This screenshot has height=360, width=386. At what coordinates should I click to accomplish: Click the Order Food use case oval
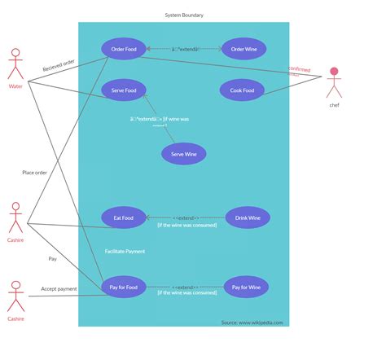124,49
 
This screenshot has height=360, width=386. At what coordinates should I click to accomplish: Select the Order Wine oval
243,49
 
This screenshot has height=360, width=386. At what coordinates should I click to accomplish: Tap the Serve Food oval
124,90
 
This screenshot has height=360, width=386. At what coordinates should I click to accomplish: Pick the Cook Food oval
242,90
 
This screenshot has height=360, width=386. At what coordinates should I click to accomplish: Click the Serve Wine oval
183,153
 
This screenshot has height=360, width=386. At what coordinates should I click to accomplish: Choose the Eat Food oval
124,217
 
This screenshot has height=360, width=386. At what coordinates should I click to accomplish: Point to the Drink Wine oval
248,217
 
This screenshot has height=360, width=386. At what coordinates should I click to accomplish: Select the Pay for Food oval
124,287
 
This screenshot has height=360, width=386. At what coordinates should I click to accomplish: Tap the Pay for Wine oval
246,287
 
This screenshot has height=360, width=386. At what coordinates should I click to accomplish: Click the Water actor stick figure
15,64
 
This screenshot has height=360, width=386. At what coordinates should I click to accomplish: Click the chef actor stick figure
334,82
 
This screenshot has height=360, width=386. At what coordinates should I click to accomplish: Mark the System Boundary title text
184,15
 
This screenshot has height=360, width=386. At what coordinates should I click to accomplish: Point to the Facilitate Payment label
125,251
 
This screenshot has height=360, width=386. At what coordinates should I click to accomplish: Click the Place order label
34,172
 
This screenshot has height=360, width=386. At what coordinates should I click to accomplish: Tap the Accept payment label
59,288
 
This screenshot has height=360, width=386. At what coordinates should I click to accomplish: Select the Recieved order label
59,65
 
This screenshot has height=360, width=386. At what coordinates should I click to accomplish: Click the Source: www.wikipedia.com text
252,322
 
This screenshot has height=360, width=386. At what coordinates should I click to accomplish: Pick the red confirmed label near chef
299,70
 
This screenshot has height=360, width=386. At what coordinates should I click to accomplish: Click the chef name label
334,105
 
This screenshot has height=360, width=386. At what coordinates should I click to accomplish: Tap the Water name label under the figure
15,86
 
